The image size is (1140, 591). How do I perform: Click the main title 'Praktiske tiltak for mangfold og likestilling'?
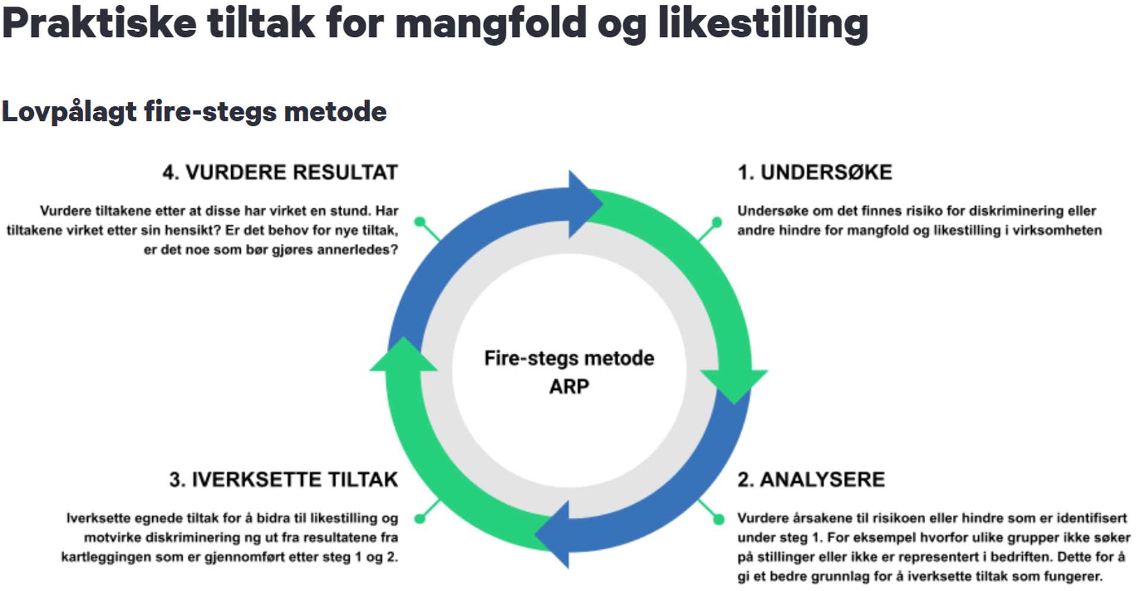pyautogui.click(x=435, y=24)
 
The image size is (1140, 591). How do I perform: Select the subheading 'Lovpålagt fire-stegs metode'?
pyautogui.click(x=194, y=112)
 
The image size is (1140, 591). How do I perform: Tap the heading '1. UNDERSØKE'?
pyautogui.click(x=815, y=172)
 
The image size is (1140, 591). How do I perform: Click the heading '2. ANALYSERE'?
pyautogui.click(x=811, y=479)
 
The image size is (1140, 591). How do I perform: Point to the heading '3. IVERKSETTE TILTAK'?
pyautogui.click(x=284, y=479)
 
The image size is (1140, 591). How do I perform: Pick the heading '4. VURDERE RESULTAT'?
pyautogui.click(x=280, y=172)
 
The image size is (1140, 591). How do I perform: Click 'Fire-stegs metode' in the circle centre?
pyautogui.click(x=569, y=358)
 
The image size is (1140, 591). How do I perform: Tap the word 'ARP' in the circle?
pyautogui.click(x=569, y=386)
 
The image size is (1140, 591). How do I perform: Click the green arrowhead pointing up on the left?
pyautogui.click(x=404, y=354)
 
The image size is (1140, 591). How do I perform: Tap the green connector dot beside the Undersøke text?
pyautogui.click(x=717, y=223)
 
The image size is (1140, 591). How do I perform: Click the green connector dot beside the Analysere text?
pyautogui.click(x=718, y=520)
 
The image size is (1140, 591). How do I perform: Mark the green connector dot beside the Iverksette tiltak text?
pyautogui.click(x=420, y=519)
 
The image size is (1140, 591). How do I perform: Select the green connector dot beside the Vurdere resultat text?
pyautogui.click(x=420, y=222)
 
